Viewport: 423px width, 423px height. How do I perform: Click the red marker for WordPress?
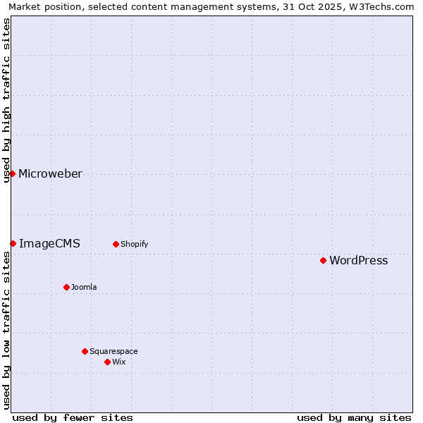point(323,260)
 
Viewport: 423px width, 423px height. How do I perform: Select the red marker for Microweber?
point(12,173)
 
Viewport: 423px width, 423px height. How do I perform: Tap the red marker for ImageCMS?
point(13,243)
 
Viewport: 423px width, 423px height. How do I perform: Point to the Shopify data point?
point(116,244)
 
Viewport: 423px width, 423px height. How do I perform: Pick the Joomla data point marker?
point(66,287)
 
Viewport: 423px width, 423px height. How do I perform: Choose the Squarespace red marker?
point(85,351)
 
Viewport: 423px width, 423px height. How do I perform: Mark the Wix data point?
point(107,362)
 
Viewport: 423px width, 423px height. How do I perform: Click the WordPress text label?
point(358,261)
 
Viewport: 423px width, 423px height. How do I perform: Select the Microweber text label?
point(50,174)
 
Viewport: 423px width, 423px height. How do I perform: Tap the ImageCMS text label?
point(49,244)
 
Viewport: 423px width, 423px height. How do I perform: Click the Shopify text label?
point(134,245)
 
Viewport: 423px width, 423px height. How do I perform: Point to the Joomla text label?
point(84,288)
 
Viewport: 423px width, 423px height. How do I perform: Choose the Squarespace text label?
point(114,352)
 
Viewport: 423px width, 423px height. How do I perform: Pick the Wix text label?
point(118,362)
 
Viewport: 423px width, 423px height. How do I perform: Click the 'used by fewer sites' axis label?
point(73,417)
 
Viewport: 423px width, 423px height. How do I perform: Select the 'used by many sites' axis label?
point(354,417)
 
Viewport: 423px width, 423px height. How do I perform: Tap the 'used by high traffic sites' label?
point(6,100)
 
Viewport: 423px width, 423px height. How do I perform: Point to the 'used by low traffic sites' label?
point(6,330)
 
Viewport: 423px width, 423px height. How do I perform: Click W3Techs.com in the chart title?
point(381,6)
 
